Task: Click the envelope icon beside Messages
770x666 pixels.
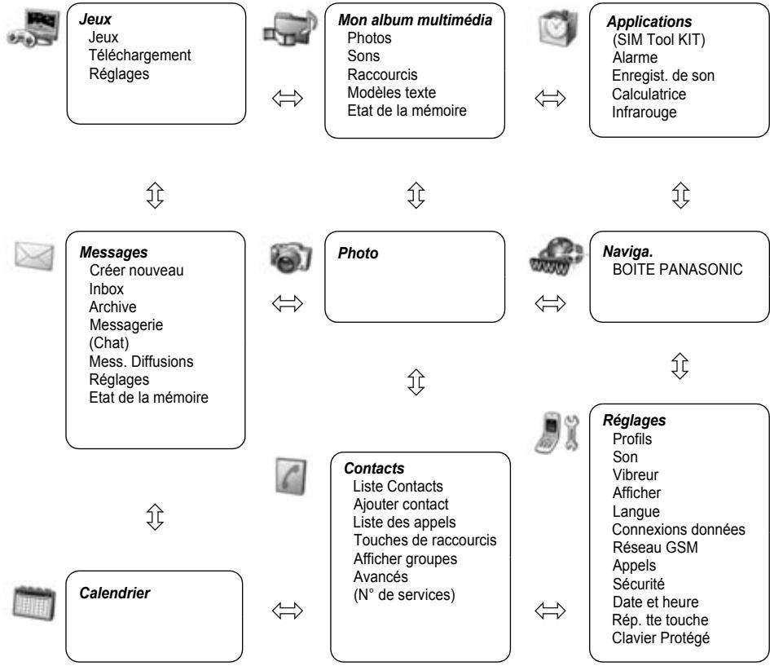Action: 34,255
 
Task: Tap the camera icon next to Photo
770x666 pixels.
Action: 291,257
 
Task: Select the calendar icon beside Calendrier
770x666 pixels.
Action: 34,602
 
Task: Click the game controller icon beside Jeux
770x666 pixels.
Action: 33,29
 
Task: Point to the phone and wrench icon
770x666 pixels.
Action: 557,432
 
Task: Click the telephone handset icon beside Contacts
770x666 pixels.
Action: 291,476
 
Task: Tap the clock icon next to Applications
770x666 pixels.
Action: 557,28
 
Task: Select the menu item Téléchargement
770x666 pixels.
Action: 140,55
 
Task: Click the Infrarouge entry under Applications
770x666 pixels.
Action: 644,112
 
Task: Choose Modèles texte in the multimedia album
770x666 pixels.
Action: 391,92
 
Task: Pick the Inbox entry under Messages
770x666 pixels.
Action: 106,289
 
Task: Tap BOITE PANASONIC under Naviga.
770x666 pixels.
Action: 677,269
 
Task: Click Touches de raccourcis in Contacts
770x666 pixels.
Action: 425,540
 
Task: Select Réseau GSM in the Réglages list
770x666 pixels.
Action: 655,547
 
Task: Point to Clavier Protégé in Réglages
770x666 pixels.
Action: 661,638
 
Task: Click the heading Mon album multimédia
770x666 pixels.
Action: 415,20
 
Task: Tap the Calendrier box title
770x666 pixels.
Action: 114,593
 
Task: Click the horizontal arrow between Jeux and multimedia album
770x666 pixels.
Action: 288,99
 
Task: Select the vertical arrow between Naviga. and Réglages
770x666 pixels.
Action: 680,366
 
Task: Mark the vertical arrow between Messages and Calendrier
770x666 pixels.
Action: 155,517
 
